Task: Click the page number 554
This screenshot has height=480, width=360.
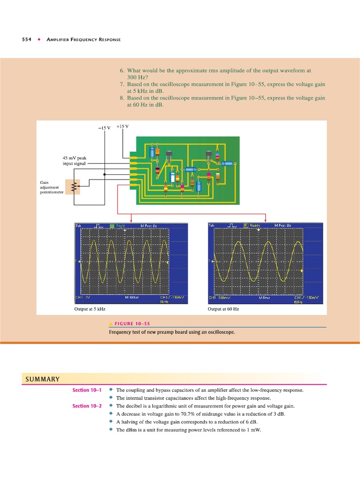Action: pos(27,39)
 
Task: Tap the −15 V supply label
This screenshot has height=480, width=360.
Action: pos(104,128)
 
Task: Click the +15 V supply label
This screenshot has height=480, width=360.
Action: pos(122,127)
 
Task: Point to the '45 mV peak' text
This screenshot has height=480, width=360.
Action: pos(75,158)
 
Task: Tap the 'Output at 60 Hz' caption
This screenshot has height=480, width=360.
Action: pos(223,309)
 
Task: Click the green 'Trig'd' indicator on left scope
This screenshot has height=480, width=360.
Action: pos(119,225)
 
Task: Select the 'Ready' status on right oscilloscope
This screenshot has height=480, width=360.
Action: pos(255,225)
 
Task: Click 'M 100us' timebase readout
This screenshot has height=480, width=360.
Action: pos(133,297)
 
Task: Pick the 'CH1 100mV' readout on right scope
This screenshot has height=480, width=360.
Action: pos(222,297)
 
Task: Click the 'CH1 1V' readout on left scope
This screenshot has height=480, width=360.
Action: pos(83,297)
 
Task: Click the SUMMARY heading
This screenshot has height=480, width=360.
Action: pos(41,379)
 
